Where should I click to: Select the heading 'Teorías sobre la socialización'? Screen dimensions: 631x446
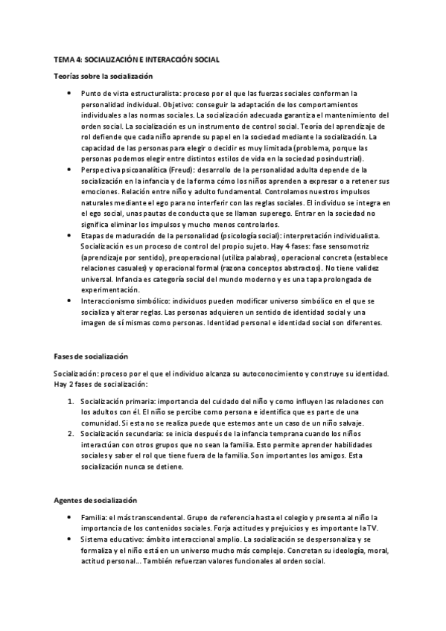(103, 76)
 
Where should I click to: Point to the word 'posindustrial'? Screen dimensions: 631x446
(337, 158)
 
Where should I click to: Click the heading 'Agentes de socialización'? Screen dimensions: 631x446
(95, 500)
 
